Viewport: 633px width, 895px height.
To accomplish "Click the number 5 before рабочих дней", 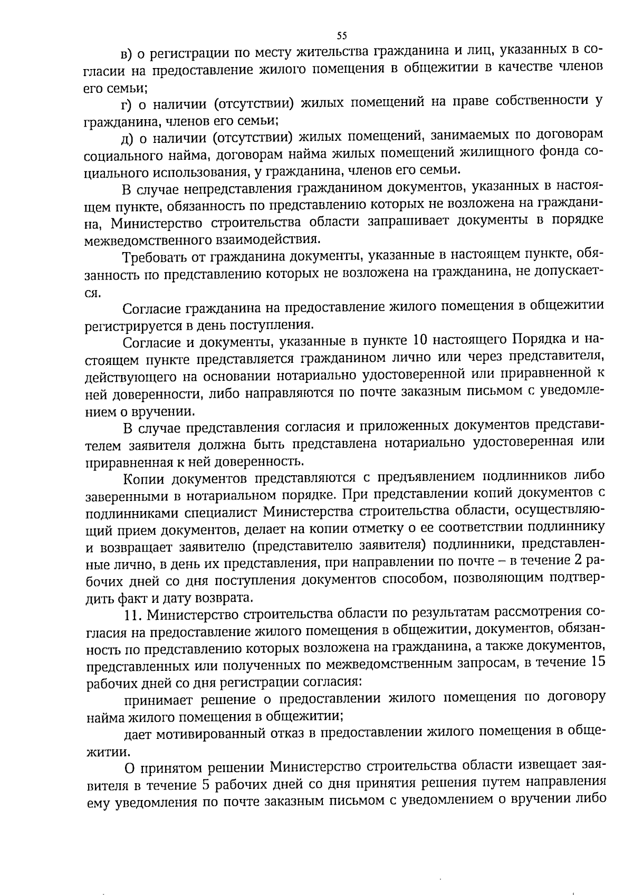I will point(207,784).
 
